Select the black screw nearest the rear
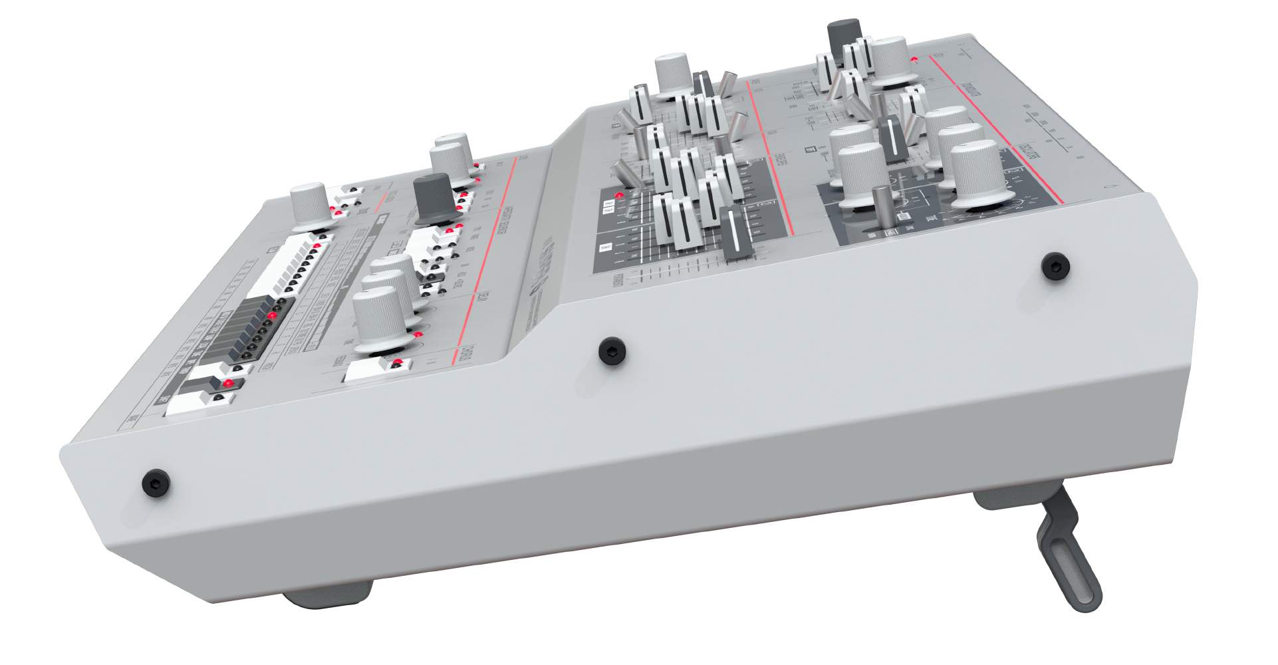click(1055, 266)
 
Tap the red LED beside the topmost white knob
click(915, 60)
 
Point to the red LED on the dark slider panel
click(620, 196)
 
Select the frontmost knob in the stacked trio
click(379, 319)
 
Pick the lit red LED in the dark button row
click(272, 315)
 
